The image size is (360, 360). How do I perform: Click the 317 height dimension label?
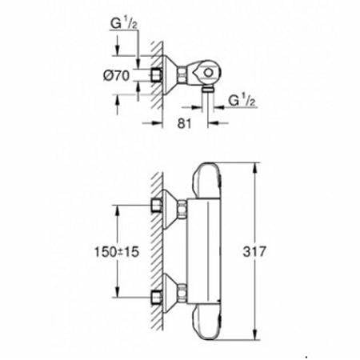pos(254,251)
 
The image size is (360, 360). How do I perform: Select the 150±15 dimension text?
pos(117,251)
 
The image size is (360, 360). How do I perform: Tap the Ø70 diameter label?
pos(117,75)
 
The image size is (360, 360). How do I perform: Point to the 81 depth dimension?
pos(185,123)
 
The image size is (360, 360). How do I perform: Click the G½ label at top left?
pos(124,23)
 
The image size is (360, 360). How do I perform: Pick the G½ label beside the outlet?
pos(242,101)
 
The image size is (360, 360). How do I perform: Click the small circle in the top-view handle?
pos(208,73)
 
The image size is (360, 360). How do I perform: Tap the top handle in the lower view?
pos(206,181)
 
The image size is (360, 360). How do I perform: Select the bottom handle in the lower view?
pos(206,322)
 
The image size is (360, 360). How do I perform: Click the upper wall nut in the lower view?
pos(157,206)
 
